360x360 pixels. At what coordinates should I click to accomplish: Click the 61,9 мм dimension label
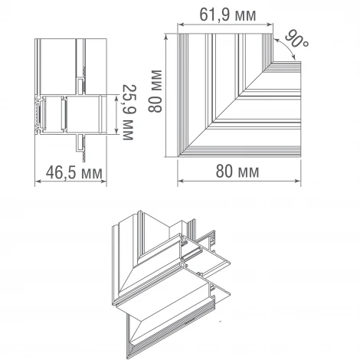[227, 15]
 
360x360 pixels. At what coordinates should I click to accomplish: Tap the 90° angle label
[296, 39]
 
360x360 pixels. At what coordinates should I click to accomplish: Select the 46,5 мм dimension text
[74, 173]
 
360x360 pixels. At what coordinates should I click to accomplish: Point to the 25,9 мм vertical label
[129, 113]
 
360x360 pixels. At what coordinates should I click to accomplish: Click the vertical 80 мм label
[155, 91]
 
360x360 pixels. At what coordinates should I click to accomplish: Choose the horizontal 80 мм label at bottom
[237, 171]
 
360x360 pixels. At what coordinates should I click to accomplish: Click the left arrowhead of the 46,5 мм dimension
[38, 182]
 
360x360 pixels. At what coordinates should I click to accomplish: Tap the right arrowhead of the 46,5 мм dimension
[103, 182]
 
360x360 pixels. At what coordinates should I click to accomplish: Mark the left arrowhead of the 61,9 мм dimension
[181, 25]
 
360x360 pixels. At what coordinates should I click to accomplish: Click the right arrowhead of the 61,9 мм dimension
[270, 25]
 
